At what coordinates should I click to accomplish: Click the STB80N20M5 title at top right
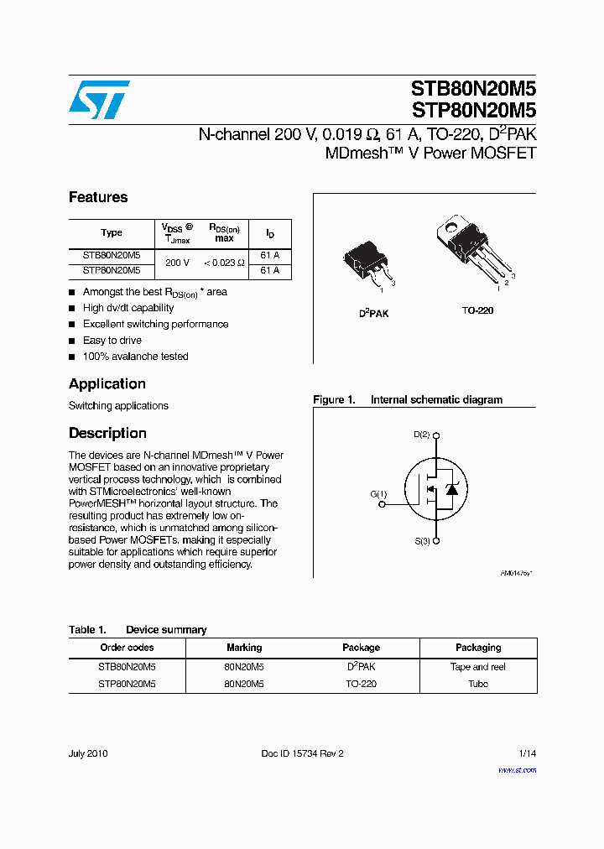473,89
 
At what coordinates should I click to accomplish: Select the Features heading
98,197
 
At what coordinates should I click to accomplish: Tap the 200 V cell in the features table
177,263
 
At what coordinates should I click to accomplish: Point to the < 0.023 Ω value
224,263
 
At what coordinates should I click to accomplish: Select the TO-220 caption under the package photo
477,310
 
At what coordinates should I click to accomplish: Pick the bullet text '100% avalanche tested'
135,357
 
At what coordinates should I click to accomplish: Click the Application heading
107,383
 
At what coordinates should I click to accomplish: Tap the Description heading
107,433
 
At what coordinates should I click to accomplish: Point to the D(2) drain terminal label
422,435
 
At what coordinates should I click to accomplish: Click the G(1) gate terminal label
378,494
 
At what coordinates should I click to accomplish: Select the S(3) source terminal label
422,541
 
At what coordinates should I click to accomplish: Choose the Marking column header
244,648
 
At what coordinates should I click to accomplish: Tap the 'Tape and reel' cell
478,667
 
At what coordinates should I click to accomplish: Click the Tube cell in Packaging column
478,684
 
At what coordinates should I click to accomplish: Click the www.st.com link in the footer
517,769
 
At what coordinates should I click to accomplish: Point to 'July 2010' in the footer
88,753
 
